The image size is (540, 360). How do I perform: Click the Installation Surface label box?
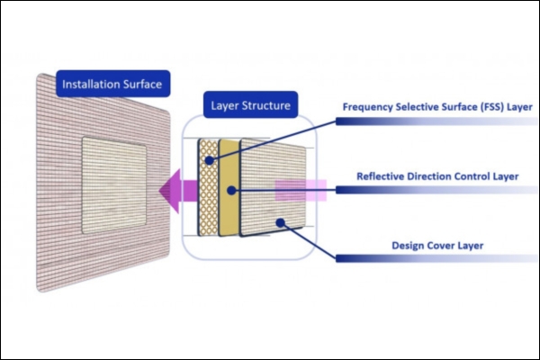[x=113, y=84]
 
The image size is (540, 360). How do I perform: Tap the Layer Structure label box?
[x=250, y=104]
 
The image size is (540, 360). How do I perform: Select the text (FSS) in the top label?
[x=492, y=107]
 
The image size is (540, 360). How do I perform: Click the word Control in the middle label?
[x=472, y=176]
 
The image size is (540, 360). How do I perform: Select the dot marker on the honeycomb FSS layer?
[x=210, y=160]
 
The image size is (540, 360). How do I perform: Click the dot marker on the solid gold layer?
[x=231, y=190]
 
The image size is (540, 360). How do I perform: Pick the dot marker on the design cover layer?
[x=281, y=223]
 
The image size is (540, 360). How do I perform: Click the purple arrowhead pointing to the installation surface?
[x=169, y=191]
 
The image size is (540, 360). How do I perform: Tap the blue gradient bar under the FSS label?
[x=436, y=121]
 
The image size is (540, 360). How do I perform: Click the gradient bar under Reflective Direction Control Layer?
[x=436, y=190]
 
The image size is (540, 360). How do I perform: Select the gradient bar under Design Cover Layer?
[x=436, y=258]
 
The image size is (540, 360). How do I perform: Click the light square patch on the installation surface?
[x=114, y=185]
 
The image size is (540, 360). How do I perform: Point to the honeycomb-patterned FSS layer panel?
[x=209, y=188]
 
